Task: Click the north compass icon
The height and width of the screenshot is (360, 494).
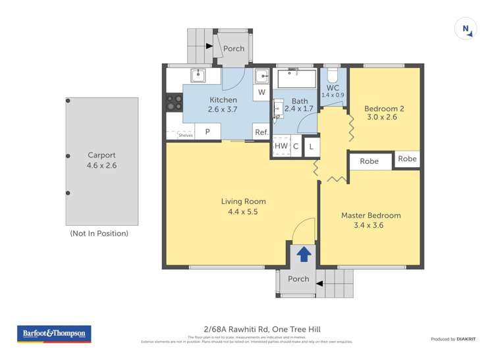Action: pos(466,28)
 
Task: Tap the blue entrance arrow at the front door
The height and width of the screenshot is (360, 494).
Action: pos(304,253)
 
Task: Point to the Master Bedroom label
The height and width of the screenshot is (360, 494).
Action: pos(370,220)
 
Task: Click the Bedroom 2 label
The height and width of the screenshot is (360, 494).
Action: pos(382,113)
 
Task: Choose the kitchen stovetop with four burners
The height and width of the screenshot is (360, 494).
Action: pos(175,102)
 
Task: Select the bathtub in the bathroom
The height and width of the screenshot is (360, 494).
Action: pos(296,78)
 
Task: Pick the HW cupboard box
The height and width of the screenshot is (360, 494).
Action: pos(281,146)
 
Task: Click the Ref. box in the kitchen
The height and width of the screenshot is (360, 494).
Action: pos(261,132)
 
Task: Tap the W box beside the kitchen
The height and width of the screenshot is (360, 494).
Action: pos(261,92)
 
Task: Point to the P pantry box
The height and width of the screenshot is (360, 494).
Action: pos(207,132)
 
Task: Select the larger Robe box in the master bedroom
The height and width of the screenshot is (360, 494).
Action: pos(370,161)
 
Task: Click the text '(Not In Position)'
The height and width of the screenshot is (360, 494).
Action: pos(99,234)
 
